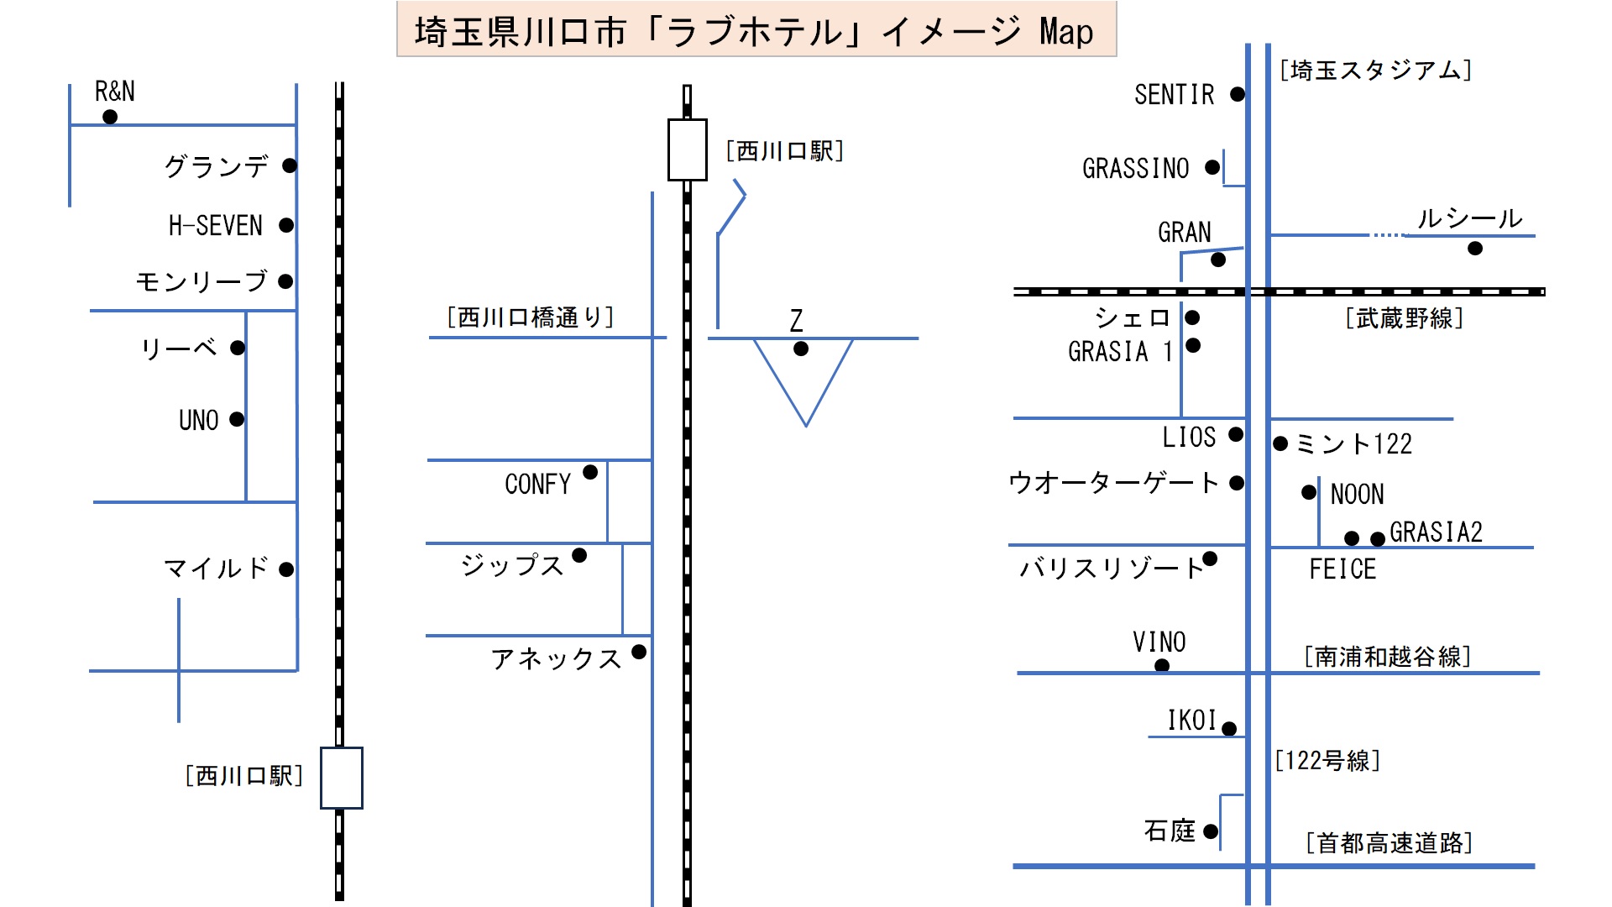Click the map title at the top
click(x=756, y=32)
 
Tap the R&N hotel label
click(x=114, y=91)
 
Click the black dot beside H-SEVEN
click(x=286, y=225)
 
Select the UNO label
click(x=198, y=420)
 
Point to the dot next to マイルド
click(x=286, y=569)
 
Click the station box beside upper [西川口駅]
click(x=687, y=149)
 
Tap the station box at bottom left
click(x=341, y=778)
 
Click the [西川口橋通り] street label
click(x=531, y=317)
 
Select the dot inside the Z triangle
click(x=801, y=349)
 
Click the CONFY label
click(x=537, y=484)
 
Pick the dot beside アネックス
click(x=639, y=652)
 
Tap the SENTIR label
click(x=1174, y=95)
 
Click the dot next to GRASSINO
click(x=1212, y=167)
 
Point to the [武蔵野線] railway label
click(x=1405, y=318)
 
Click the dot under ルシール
click(x=1475, y=249)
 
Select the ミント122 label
click(x=1353, y=443)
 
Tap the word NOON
click(x=1357, y=494)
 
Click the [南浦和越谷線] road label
click(x=1388, y=656)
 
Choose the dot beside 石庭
click(x=1211, y=831)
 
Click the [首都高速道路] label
click(x=1390, y=842)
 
